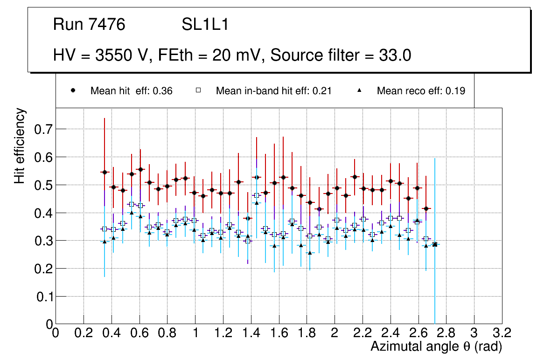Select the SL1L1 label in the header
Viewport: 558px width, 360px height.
tap(205, 25)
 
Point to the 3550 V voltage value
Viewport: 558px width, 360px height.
tap(123, 55)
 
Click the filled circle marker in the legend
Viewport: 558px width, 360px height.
tap(73, 90)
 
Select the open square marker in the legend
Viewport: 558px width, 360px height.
tap(198, 90)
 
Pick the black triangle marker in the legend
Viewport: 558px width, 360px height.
tap(360, 90)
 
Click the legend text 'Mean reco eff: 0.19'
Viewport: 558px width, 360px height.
tap(421, 91)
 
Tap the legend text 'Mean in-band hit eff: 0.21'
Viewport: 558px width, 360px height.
tap(273, 91)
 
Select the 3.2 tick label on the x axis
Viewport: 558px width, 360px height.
tap(502, 332)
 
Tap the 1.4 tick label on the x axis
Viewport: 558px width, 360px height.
tap(251, 332)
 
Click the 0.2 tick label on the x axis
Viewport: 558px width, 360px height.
tap(84, 332)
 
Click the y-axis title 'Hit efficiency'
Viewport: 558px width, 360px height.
tap(20, 145)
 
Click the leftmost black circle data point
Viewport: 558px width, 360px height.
tap(105, 172)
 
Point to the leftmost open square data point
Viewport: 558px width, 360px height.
tap(104, 229)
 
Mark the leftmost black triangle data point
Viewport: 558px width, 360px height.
tap(105, 242)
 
